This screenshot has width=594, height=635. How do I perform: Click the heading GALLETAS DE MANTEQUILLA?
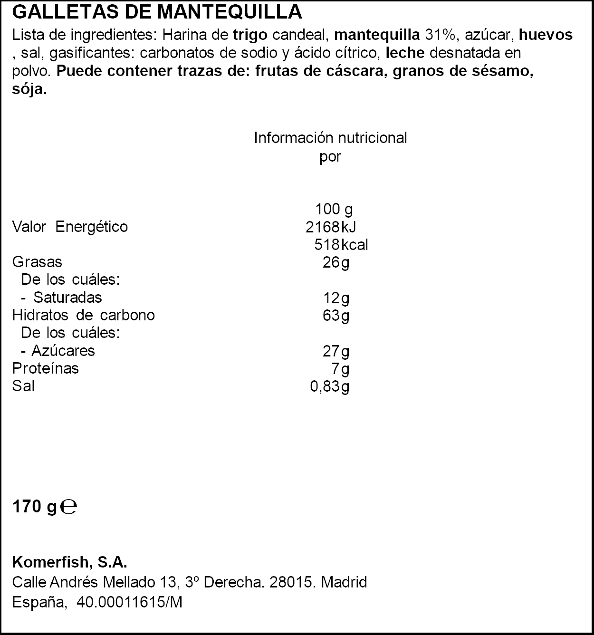coord(157,12)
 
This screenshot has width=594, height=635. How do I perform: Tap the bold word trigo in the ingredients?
coord(250,35)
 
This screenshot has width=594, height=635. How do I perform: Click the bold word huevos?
coord(546,35)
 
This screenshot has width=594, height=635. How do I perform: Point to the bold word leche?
coord(405,53)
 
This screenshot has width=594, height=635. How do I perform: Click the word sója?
coord(29,89)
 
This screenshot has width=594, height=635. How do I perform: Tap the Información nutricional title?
coord(330,138)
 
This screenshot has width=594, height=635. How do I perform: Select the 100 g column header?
coord(334,209)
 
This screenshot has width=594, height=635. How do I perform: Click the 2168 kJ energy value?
coord(330,227)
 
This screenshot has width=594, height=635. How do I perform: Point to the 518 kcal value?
coord(341,245)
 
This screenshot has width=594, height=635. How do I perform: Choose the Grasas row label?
coord(37,262)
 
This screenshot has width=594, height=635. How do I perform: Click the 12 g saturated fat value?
coord(336,298)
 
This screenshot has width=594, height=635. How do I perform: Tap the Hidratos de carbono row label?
coord(83,315)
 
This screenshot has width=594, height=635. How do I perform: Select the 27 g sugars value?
coord(336,351)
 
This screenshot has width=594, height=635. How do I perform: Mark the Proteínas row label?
coord(46,368)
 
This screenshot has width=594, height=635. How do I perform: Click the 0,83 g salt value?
coord(329,386)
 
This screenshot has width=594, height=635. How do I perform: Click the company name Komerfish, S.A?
coord(69,562)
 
